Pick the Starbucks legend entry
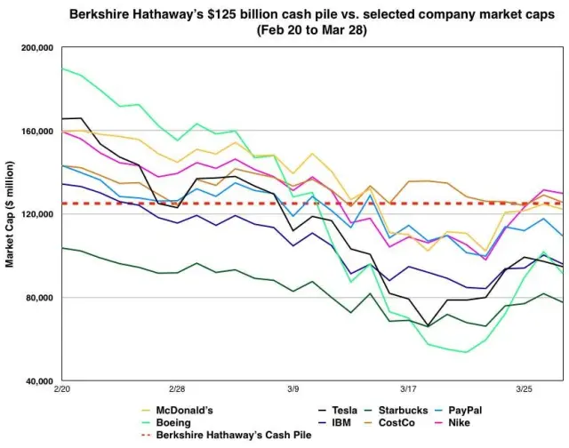click(409, 410)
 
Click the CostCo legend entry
click(404, 423)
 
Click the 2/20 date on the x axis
click(62, 389)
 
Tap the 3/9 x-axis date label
click(293, 389)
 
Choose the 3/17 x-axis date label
click(408, 389)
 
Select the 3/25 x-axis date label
click(525, 389)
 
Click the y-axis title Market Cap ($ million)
click(10, 214)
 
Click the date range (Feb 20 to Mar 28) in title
click(310, 29)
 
